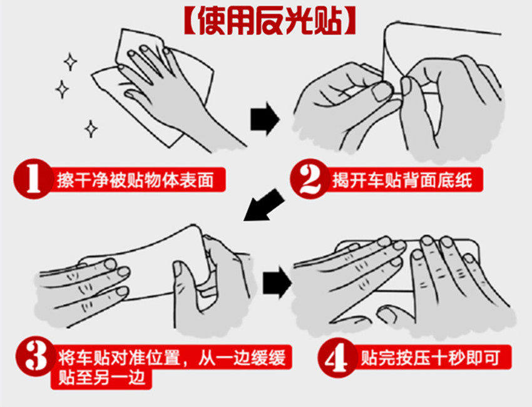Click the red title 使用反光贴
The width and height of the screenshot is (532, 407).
(270, 21)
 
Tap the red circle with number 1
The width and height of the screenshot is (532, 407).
(33, 178)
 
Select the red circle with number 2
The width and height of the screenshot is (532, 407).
(310, 179)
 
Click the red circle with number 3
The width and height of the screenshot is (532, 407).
(36, 356)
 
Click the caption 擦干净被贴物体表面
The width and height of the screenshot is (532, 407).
(135, 180)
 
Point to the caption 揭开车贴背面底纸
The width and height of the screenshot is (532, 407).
(402, 180)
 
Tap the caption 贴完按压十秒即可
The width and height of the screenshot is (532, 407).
(430, 358)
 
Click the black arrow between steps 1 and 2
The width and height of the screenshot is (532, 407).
(265, 119)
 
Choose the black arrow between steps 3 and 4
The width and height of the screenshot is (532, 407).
(277, 282)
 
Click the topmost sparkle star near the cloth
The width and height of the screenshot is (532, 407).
(70, 62)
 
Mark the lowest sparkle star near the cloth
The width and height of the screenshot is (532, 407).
(91, 128)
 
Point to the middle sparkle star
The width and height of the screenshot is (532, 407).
(62, 90)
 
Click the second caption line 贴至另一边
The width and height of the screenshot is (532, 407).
(102, 378)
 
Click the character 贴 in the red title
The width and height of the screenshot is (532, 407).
(329, 21)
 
